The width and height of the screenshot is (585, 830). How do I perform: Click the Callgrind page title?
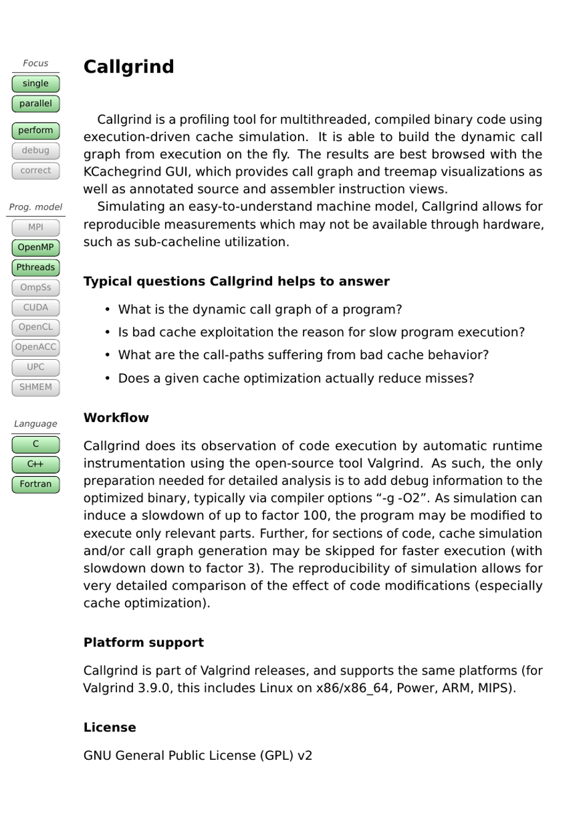click(x=129, y=67)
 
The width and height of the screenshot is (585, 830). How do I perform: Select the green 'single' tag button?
click(x=36, y=84)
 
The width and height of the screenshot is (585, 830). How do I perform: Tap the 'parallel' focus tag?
click(x=36, y=104)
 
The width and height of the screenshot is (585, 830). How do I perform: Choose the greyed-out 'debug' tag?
click(x=36, y=150)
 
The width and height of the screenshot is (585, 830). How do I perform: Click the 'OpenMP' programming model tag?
click(x=36, y=248)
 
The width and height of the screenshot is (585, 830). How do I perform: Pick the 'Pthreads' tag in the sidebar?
click(x=36, y=267)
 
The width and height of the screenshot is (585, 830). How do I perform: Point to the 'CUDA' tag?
click(x=36, y=307)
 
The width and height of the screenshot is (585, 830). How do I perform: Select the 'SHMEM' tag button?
click(x=36, y=387)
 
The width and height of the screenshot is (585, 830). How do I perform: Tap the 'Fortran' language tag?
click(x=36, y=484)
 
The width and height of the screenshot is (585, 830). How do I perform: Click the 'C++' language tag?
click(x=36, y=464)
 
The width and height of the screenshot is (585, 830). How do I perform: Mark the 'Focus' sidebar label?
click(x=36, y=63)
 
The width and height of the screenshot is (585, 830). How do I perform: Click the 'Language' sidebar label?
click(x=36, y=424)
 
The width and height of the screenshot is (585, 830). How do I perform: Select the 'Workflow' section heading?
click(x=116, y=418)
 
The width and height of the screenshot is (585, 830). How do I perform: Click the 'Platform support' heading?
click(x=143, y=643)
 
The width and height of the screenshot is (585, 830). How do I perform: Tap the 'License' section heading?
click(x=110, y=728)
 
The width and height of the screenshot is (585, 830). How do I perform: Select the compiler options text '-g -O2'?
click(x=405, y=498)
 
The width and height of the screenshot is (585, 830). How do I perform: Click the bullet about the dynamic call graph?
click(x=260, y=310)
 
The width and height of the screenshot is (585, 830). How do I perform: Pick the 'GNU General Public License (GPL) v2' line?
click(x=198, y=756)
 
